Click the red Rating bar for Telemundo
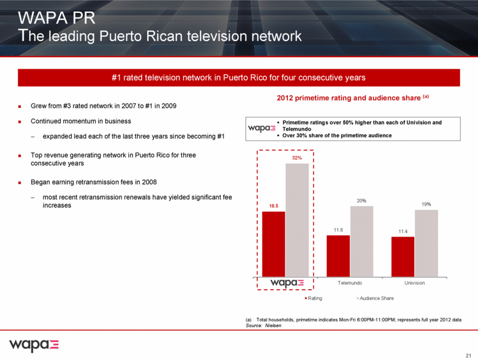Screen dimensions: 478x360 pos(338,256)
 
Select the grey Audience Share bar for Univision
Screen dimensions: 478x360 pos(426,243)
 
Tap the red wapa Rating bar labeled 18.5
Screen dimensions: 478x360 pos(273,244)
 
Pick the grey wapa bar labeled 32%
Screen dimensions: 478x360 pos(297,220)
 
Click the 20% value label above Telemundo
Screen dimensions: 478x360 pos(362,201)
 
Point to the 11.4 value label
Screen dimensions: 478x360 pos(403,231)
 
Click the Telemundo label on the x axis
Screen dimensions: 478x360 pos(350,283)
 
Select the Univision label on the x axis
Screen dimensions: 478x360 pos(415,283)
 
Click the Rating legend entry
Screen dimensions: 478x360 pos(314,298)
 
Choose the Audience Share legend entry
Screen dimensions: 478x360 pos(375,298)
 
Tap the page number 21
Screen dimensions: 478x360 pos(469,356)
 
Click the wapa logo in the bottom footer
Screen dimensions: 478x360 pos(34,345)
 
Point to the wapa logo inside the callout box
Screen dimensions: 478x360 pos(262,128)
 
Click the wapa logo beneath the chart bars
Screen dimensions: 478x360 pos(287,283)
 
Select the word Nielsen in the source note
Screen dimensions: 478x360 pos(273,326)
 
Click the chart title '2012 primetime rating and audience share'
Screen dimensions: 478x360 pos(349,98)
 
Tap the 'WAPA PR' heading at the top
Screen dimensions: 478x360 pos(57,18)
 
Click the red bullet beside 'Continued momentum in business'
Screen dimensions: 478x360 pos(20,121)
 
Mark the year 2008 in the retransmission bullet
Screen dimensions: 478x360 pos(149,182)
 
